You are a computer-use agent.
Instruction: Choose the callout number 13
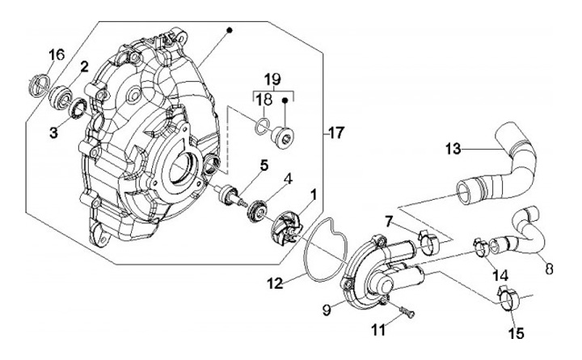click(x=453, y=149)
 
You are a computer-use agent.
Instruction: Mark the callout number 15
click(x=514, y=332)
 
